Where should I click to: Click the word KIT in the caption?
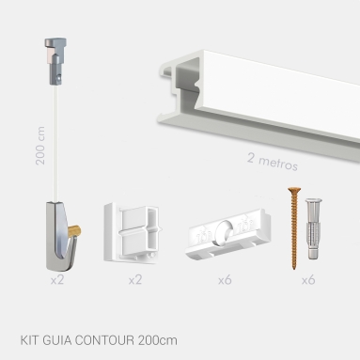(29, 339)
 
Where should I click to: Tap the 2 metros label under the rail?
(273, 163)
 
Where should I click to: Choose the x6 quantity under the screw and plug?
(307, 279)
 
